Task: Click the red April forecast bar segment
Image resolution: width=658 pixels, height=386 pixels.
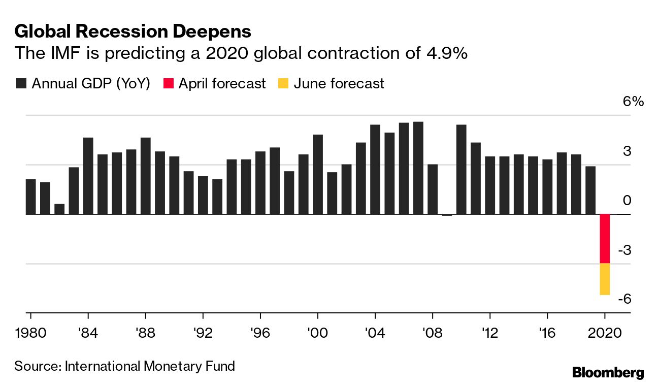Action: (605, 239)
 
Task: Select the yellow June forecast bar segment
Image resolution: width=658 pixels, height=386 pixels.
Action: (605, 279)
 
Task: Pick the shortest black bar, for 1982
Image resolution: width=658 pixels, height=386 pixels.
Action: (59, 209)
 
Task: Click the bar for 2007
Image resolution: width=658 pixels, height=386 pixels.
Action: (418, 168)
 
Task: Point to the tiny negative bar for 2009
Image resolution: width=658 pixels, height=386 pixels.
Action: (447, 215)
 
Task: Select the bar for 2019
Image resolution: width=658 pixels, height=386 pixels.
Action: (590, 190)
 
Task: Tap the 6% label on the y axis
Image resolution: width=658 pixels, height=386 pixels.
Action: (633, 102)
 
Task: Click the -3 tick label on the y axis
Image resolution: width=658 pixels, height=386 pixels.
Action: (624, 250)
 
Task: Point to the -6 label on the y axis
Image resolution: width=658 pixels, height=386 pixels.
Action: (624, 299)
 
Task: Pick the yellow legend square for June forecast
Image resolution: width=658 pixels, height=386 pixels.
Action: (283, 83)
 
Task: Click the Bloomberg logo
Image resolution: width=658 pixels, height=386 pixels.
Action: (608, 372)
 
